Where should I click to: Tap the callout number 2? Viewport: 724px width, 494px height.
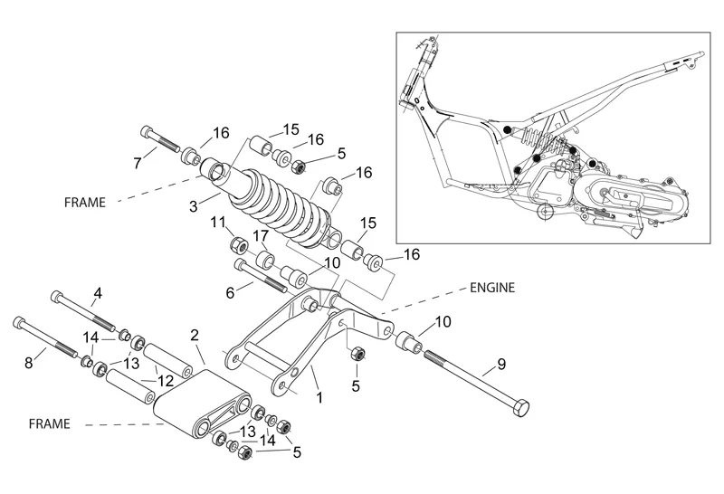point(194,334)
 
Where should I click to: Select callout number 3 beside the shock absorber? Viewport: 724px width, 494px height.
point(193,207)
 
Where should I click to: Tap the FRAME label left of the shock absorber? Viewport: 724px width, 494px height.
point(85,202)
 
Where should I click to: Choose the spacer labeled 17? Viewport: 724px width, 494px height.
point(266,261)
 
